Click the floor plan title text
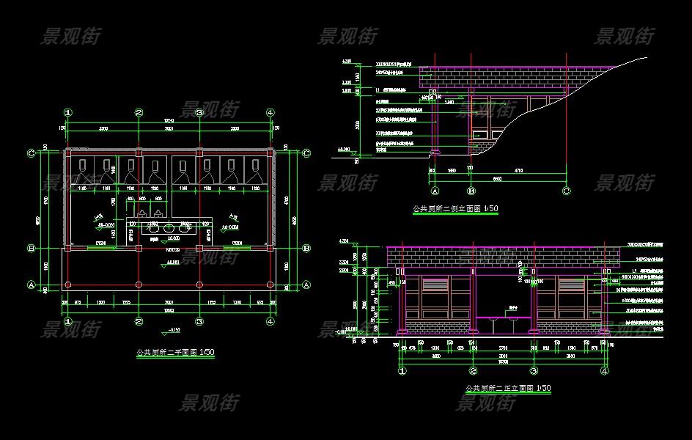point(175,353)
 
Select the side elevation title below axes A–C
point(455,209)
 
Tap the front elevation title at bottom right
point(507,388)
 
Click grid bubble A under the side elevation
point(434,191)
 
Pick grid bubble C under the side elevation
point(566,191)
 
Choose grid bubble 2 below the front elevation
point(473,372)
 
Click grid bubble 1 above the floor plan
point(68,113)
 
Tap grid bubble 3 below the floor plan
point(199,321)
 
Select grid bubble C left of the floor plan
point(31,153)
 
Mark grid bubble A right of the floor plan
point(306,285)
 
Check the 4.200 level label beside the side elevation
point(347,62)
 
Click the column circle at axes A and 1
point(68,285)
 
